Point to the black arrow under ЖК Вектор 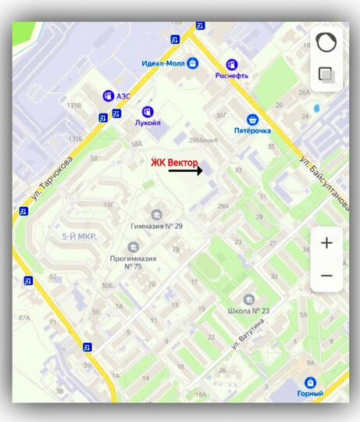point(184,170)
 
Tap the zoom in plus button point(326,243)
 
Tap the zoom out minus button point(326,276)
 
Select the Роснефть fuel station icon point(231,64)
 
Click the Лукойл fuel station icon point(147,113)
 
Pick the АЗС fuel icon point(107,95)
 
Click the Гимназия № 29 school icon point(156,214)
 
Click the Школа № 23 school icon point(248,299)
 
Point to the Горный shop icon point(311,383)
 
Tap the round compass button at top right point(326,43)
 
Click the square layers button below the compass point(326,75)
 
